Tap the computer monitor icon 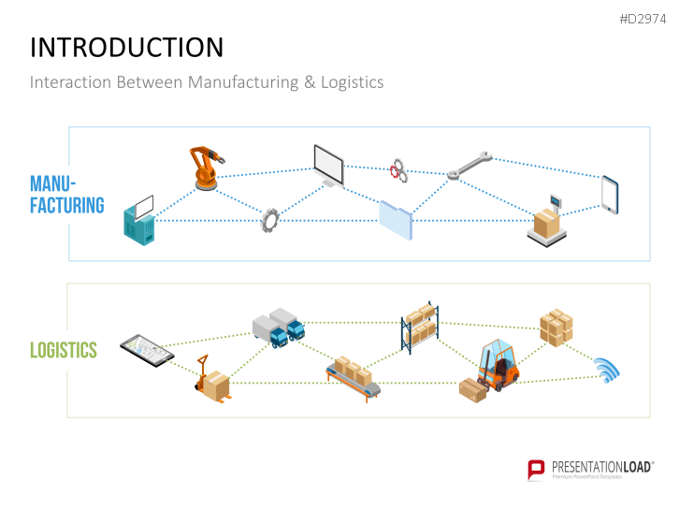[x=329, y=164]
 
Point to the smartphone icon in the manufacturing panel [x=610, y=193]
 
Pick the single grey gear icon [x=270, y=220]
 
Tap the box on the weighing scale [x=547, y=223]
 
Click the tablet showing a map [x=147, y=350]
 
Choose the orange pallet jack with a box [x=212, y=380]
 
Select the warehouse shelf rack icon [x=420, y=328]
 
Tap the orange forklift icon [x=496, y=365]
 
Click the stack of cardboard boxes [x=556, y=326]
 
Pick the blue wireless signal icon [x=607, y=371]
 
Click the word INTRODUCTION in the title [x=127, y=48]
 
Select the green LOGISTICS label [x=64, y=351]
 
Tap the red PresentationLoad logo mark [x=536, y=469]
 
